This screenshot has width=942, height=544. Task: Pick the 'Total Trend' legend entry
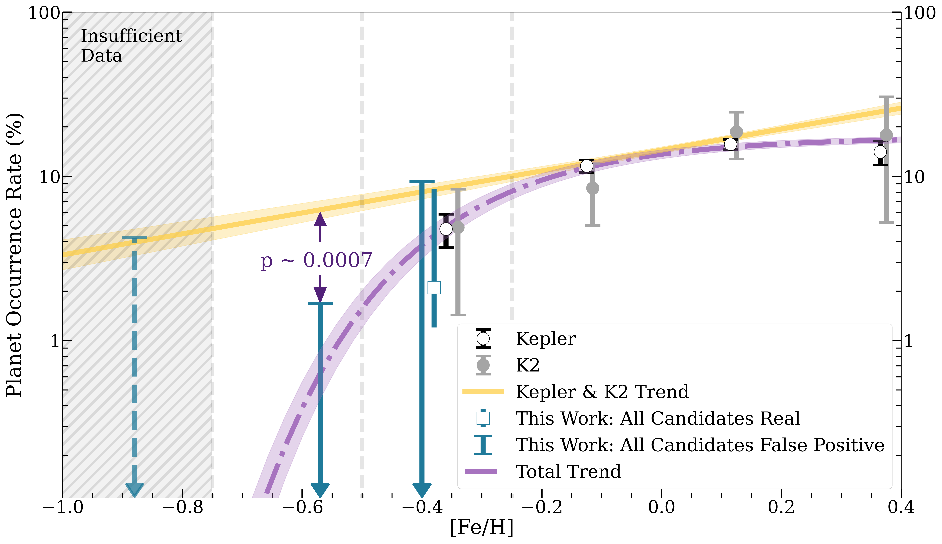click(568, 471)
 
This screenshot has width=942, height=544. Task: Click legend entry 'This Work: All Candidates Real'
click(658, 419)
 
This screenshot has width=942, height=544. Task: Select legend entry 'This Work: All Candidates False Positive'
click(700, 445)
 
